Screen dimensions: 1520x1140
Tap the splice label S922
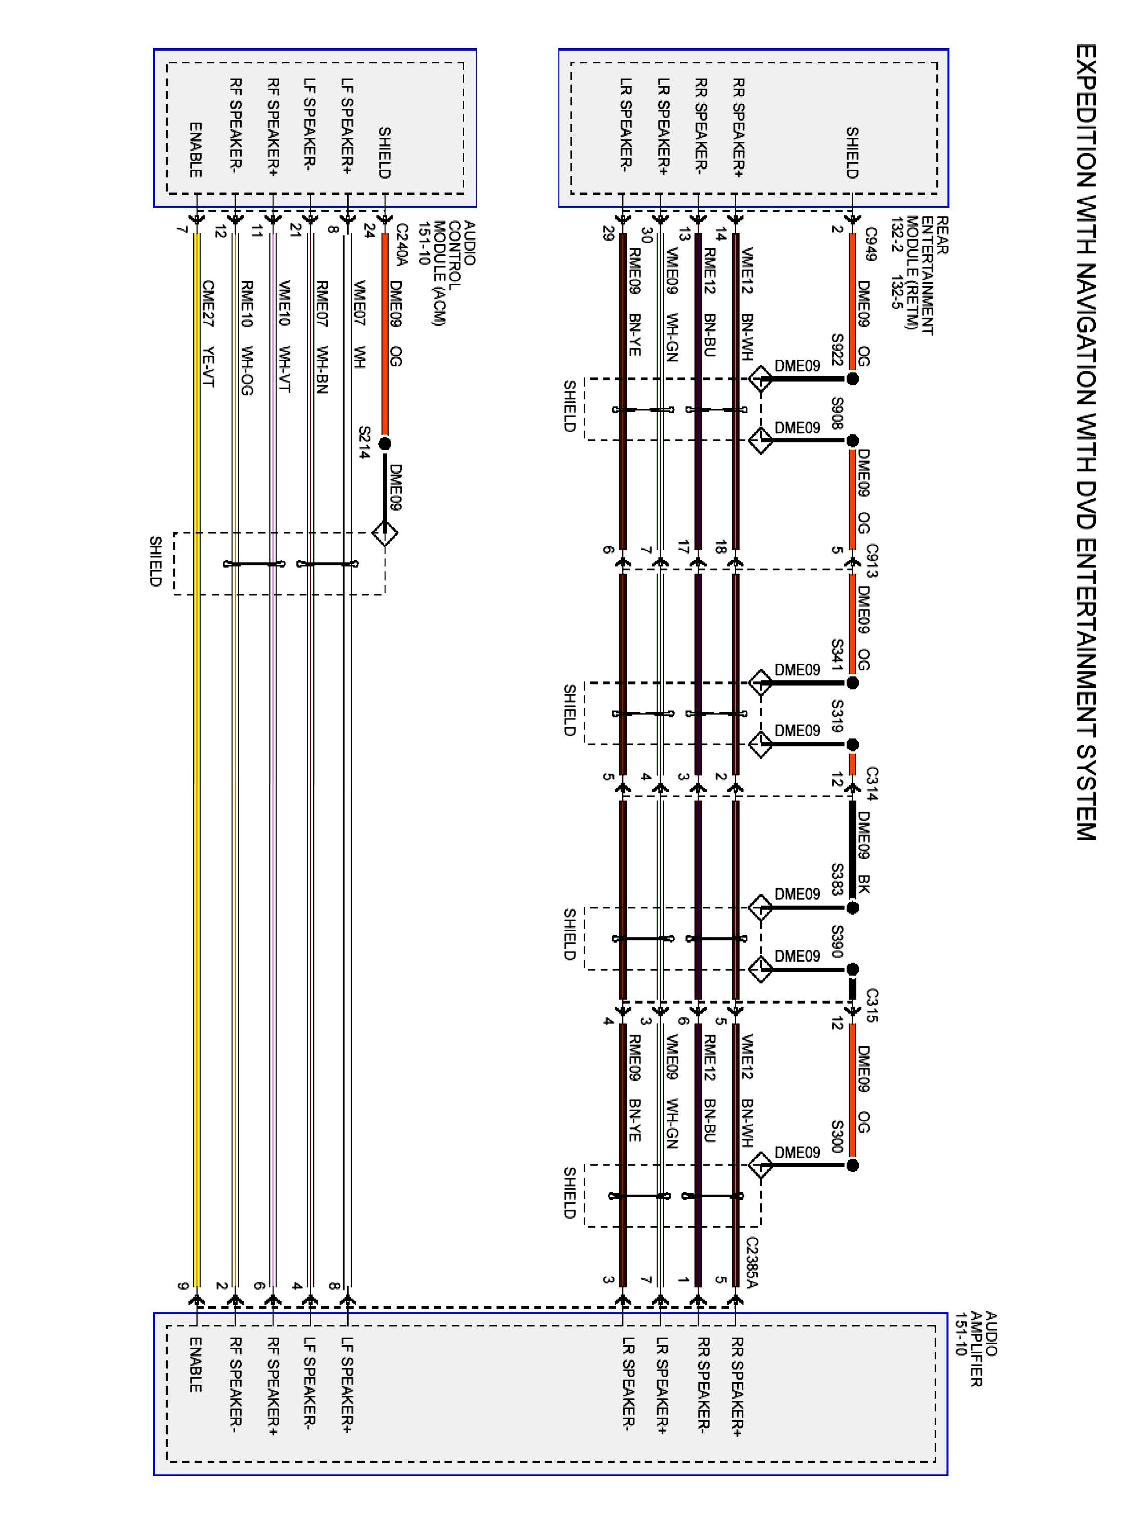pyautogui.click(x=837, y=351)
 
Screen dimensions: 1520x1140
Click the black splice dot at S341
pyautogui.click(x=852, y=683)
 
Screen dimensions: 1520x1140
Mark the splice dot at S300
pyautogui.click(x=852, y=1165)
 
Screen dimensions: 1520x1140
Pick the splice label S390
pyautogui.click(x=837, y=942)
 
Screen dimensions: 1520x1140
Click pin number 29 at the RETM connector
pyautogui.click(x=607, y=234)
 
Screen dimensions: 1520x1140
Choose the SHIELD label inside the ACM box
pyautogui.click(x=385, y=153)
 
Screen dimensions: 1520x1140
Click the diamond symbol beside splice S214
pyautogui.click(x=385, y=533)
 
